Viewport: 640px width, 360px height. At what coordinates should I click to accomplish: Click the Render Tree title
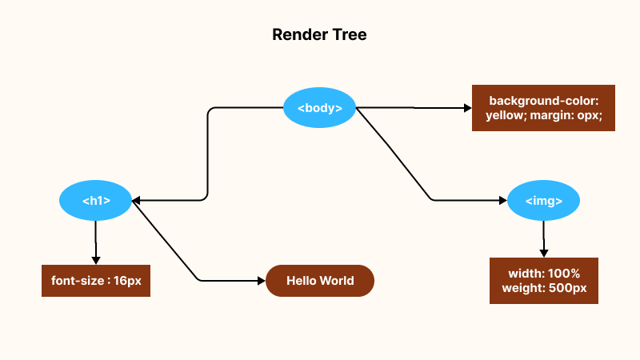319,35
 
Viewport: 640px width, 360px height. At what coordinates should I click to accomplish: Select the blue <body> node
320,108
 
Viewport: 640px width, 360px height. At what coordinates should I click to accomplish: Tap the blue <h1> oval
96,200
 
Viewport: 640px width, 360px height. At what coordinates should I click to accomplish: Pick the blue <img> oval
544,200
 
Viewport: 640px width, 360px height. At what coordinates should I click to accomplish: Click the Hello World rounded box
320,281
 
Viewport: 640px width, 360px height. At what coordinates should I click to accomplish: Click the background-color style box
543,108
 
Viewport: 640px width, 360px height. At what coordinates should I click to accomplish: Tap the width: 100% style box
544,281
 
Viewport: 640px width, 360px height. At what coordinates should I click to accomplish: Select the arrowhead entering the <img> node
502,200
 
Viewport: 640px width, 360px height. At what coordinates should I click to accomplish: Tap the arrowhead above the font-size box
96,259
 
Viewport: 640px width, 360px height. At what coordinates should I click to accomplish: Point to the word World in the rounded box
337,281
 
